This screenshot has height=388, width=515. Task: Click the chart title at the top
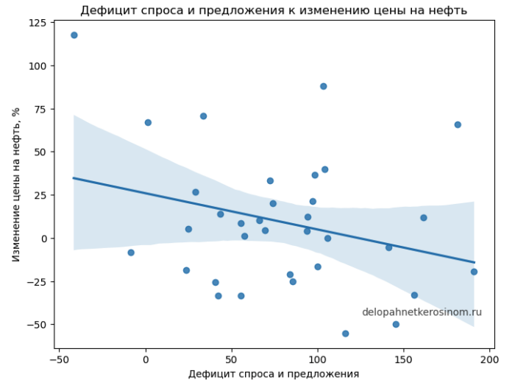[x=273, y=10]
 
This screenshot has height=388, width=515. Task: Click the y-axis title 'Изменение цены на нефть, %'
[x=15, y=184]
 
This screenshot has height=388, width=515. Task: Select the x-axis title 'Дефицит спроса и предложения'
[x=273, y=374]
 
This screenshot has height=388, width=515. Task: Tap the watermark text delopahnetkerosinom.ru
[x=422, y=312]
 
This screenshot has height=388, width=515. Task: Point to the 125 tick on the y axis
[x=38, y=24]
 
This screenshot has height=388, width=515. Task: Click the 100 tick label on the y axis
[x=38, y=66]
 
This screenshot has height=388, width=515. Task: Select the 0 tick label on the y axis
[x=44, y=239]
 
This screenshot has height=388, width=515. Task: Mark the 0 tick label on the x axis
[x=146, y=359]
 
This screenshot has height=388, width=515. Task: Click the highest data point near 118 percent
[x=74, y=35]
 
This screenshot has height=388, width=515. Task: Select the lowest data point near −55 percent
[x=345, y=334]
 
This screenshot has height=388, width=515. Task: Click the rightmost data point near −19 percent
[x=474, y=272]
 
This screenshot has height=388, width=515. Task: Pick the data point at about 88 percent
[x=323, y=86]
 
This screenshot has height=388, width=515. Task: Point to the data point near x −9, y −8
[x=131, y=253]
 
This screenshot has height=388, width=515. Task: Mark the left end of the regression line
[x=74, y=178]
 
